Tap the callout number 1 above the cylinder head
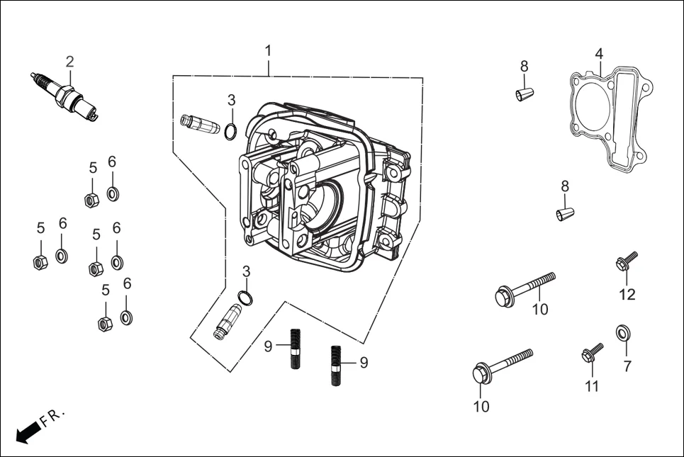(x=268, y=51)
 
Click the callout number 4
(x=599, y=54)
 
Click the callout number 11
(x=592, y=386)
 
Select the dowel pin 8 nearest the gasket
(x=525, y=94)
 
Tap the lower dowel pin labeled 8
(x=564, y=213)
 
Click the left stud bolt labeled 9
(x=295, y=348)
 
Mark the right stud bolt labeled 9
(x=337, y=364)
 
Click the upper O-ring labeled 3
(x=230, y=131)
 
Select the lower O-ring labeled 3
(x=244, y=298)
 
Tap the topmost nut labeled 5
(x=91, y=200)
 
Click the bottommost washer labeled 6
(x=127, y=316)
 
